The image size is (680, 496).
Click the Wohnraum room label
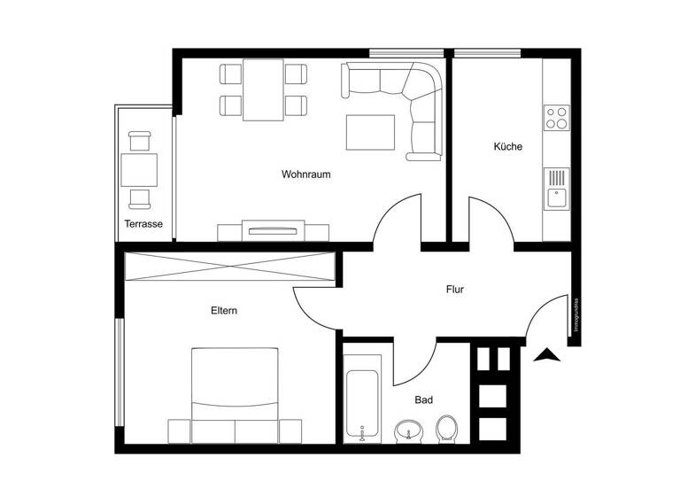pos(306,174)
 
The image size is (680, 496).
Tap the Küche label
pos(507,147)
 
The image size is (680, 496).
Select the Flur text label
pos(455,290)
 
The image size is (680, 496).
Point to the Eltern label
pos(224,311)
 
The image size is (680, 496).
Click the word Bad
pos(424,400)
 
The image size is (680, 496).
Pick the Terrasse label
pos(143,224)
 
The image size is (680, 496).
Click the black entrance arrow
pos(548,355)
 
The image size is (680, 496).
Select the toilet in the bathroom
pos(447,430)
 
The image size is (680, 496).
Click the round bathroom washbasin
pos(408,431)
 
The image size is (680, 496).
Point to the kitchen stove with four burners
pos(557,118)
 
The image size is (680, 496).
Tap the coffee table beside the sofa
pos(369,133)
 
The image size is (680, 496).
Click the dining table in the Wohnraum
pos(263,89)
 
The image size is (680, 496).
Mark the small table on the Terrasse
pos(139,169)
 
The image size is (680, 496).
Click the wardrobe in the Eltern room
pos(231,267)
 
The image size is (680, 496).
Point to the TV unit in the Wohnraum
pos(274,231)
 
